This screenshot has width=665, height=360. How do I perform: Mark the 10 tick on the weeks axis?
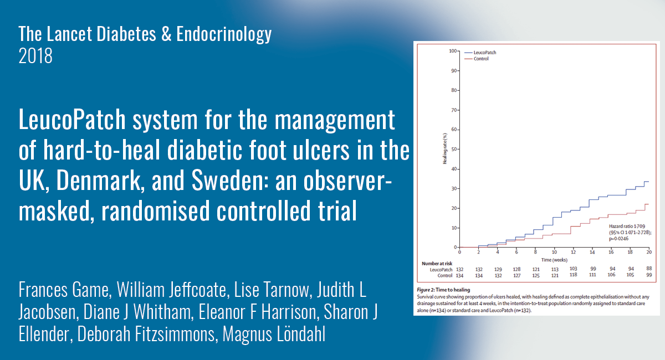[x=554, y=253]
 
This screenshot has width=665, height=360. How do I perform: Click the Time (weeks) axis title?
[x=554, y=259]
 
